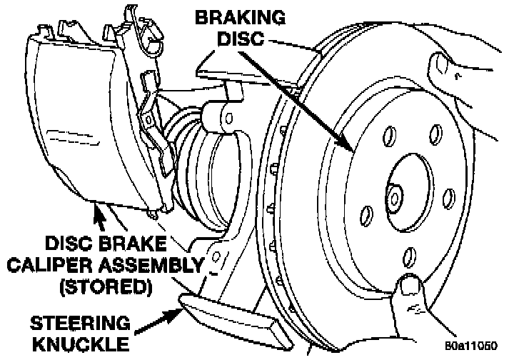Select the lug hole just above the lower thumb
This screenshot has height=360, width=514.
[x=409, y=255]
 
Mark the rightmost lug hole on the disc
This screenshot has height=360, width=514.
[x=448, y=196]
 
